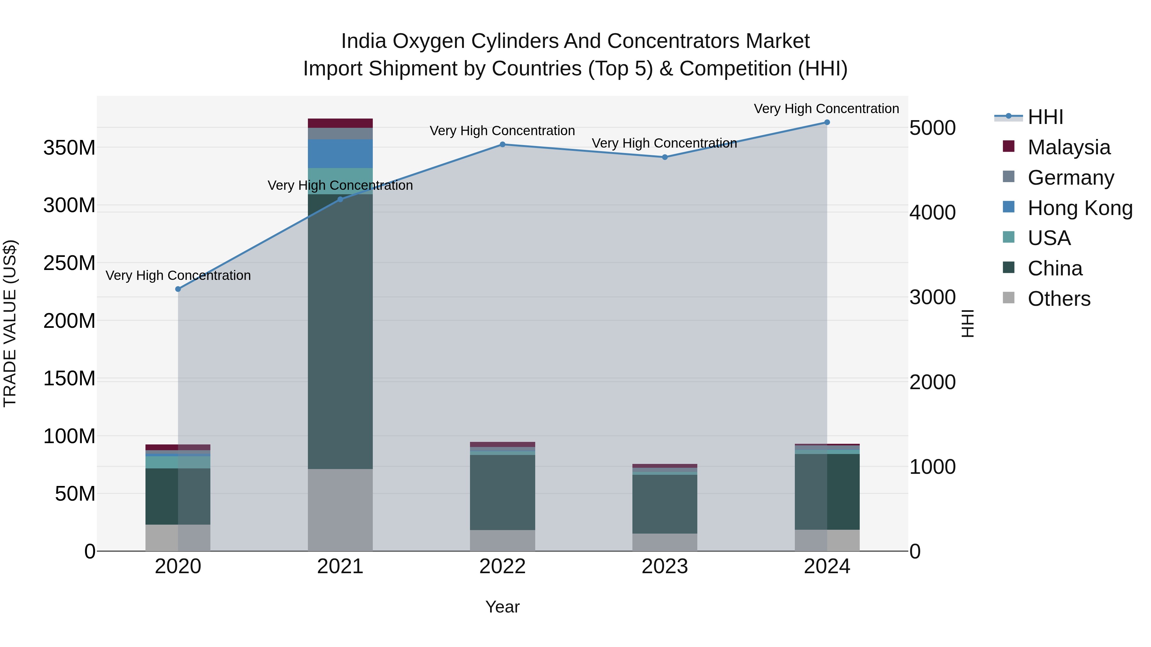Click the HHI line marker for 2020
tap(178, 289)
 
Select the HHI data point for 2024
tap(826, 122)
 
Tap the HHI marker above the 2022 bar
tap(502, 144)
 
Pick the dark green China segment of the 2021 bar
tap(340, 330)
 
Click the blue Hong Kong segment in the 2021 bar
tap(340, 154)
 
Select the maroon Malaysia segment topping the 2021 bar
tap(340, 123)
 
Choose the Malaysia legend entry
tap(1068, 147)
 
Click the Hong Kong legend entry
tap(1079, 208)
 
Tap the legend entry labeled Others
tap(1059, 299)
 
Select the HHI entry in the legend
tap(1045, 117)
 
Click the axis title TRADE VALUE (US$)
tap(10, 323)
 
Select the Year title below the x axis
tap(502, 607)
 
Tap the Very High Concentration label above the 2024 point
tap(826, 109)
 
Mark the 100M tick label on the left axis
tap(69, 436)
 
